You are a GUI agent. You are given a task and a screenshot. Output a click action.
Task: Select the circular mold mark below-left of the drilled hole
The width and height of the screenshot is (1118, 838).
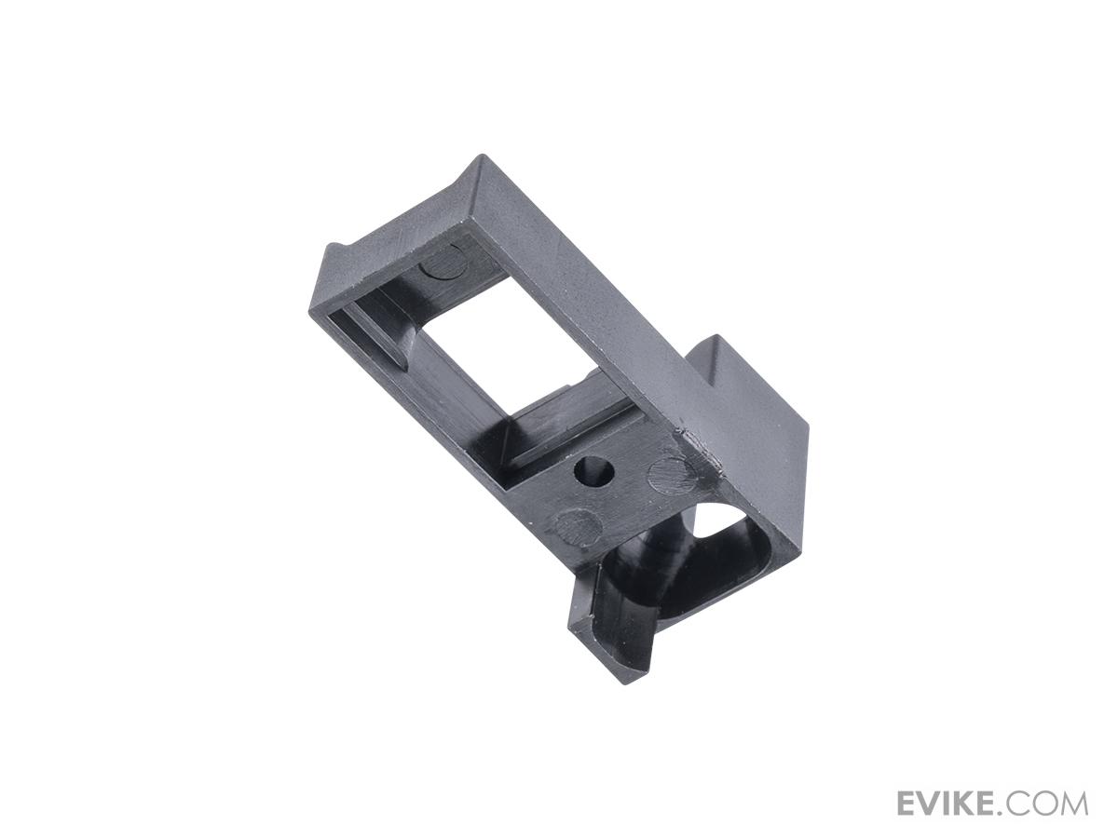pyautogui.click(x=577, y=527)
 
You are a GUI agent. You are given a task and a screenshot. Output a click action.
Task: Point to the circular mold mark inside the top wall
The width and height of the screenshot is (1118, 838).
pyautogui.click(x=443, y=264)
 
